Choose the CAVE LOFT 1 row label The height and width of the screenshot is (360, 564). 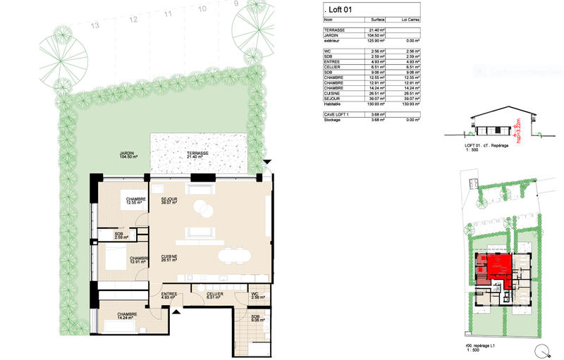coord(336,115)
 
